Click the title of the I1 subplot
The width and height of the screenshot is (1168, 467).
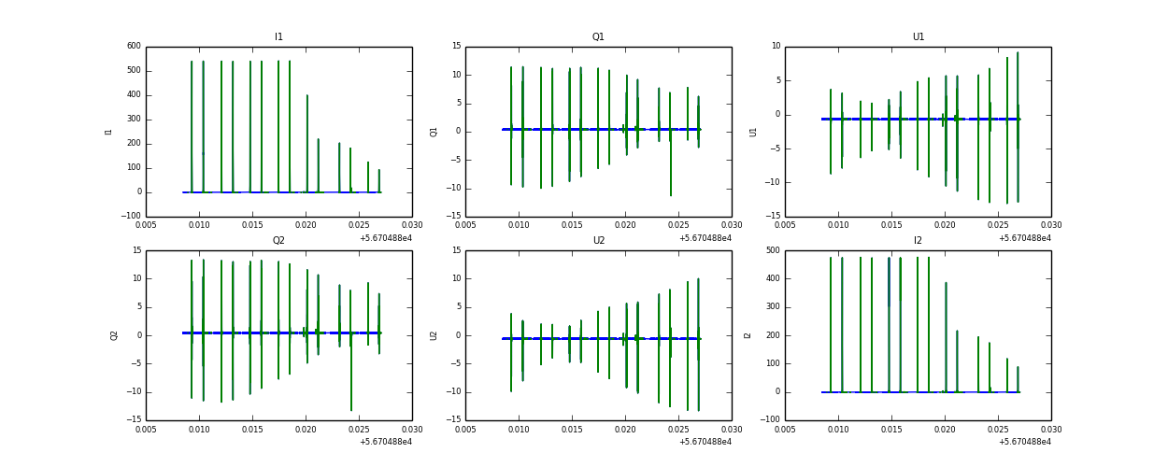[x=278, y=37]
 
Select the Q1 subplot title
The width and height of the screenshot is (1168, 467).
[x=598, y=37]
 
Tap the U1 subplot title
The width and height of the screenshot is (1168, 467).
[x=918, y=37]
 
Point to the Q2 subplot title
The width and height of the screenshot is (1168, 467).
[x=278, y=241]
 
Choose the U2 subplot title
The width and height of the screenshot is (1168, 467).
[x=598, y=241]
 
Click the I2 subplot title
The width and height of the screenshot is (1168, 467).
[x=918, y=241]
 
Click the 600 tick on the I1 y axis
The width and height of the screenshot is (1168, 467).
[x=134, y=46]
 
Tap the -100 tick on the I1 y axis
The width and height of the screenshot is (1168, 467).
[x=132, y=217]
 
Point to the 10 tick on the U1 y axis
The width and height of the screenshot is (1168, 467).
[x=776, y=46]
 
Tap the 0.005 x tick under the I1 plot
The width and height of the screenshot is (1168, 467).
[x=147, y=225]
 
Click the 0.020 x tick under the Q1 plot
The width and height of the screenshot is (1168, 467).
[x=625, y=225]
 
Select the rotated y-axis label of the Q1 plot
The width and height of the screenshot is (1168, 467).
[x=434, y=132]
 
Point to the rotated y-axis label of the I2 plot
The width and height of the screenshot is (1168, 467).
[x=748, y=335]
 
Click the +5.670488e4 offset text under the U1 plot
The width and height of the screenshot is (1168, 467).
[x=1025, y=238]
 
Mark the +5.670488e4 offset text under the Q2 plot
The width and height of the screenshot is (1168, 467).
[x=386, y=442]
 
